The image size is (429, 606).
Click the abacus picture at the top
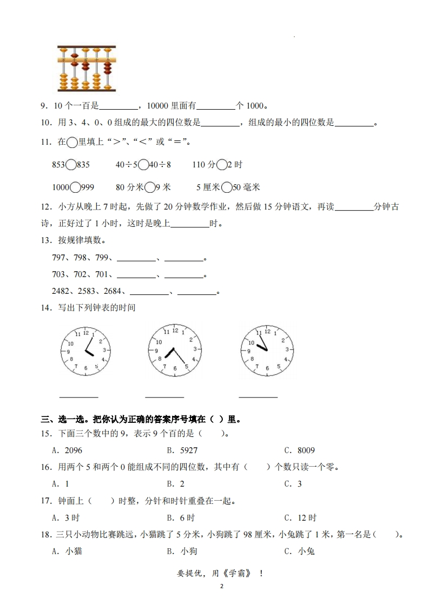point(86,69)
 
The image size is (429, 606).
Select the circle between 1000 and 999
point(74,187)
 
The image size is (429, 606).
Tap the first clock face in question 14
point(85,351)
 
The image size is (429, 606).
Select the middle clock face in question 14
point(175,350)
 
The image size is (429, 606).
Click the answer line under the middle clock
point(164,396)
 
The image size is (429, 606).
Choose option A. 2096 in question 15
point(67,450)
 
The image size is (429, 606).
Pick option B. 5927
point(182,450)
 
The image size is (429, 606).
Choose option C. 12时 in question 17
point(300,518)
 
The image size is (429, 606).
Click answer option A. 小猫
point(67,551)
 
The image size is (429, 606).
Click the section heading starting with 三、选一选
point(141,419)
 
